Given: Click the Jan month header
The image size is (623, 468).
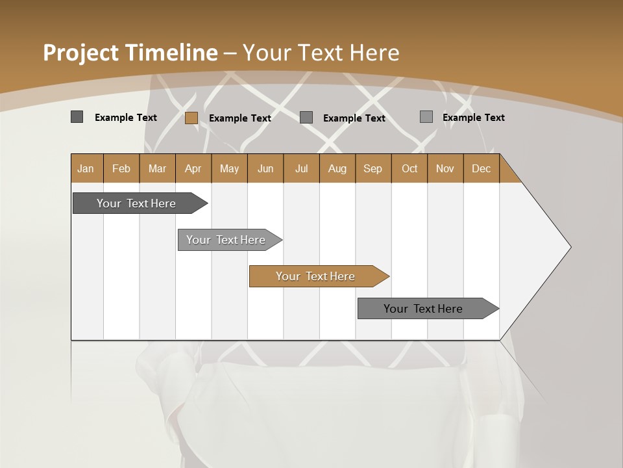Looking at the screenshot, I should click(x=86, y=168).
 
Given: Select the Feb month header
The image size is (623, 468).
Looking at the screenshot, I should click(x=121, y=168).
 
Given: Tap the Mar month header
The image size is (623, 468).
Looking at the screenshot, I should click(x=157, y=168).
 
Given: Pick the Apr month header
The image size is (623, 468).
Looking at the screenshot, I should click(x=193, y=168).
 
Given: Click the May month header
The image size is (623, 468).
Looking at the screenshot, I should click(x=229, y=168).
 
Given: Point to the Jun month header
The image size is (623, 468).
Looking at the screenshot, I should click(x=265, y=168).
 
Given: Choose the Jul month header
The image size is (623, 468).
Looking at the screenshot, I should click(x=301, y=168).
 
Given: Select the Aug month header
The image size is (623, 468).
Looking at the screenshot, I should click(x=337, y=168).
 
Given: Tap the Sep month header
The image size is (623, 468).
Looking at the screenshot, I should click(x=373, y=168).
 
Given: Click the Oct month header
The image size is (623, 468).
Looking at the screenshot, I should click(x=409, y=168).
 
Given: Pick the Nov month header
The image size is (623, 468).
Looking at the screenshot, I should click(x=445, y=168).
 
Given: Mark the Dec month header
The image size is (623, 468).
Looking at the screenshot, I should click(x=482, y=168).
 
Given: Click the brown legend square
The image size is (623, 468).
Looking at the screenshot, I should click(x=191, y=118).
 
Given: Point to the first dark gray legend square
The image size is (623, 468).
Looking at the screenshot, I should click(x=77, y=117).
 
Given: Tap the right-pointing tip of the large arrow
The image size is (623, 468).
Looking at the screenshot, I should click(x=568, y=247).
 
